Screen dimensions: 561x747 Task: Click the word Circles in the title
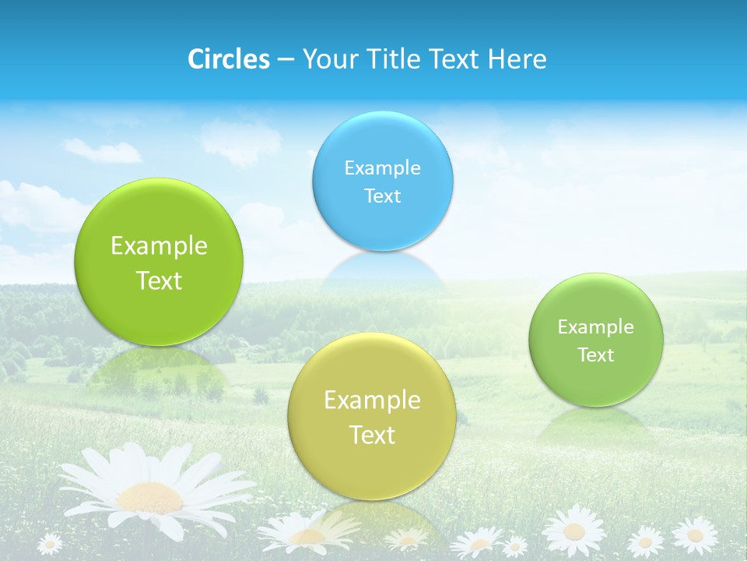pyautogui.click(x=229, y=59)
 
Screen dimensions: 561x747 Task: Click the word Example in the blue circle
pyautogui.click(x=382, y=168)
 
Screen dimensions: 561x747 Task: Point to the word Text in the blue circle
pyautogui.click(x=382, y=196)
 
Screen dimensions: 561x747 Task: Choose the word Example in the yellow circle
pyautogui.click(x=372, y=400)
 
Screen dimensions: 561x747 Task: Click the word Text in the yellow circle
pyautogui.click(x=372, y=435)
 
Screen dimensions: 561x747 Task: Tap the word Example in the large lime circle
pyautogui.click(x=159, y=246)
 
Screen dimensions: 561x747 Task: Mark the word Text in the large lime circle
pyautogui.click(x=159, y=280)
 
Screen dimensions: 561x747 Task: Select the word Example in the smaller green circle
pyautogui.click(x=596, y=327)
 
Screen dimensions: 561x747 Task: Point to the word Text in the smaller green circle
pyautogui.click(x=596, y=355)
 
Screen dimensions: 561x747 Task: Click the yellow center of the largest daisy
pyautogui.click(x=149, y=496)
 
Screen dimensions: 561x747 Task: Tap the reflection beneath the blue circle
pyautogui.click(x=384, y=269)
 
